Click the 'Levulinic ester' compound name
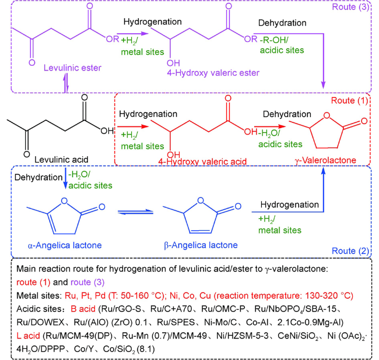point(68,69)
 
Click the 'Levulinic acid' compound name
point(59,158)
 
